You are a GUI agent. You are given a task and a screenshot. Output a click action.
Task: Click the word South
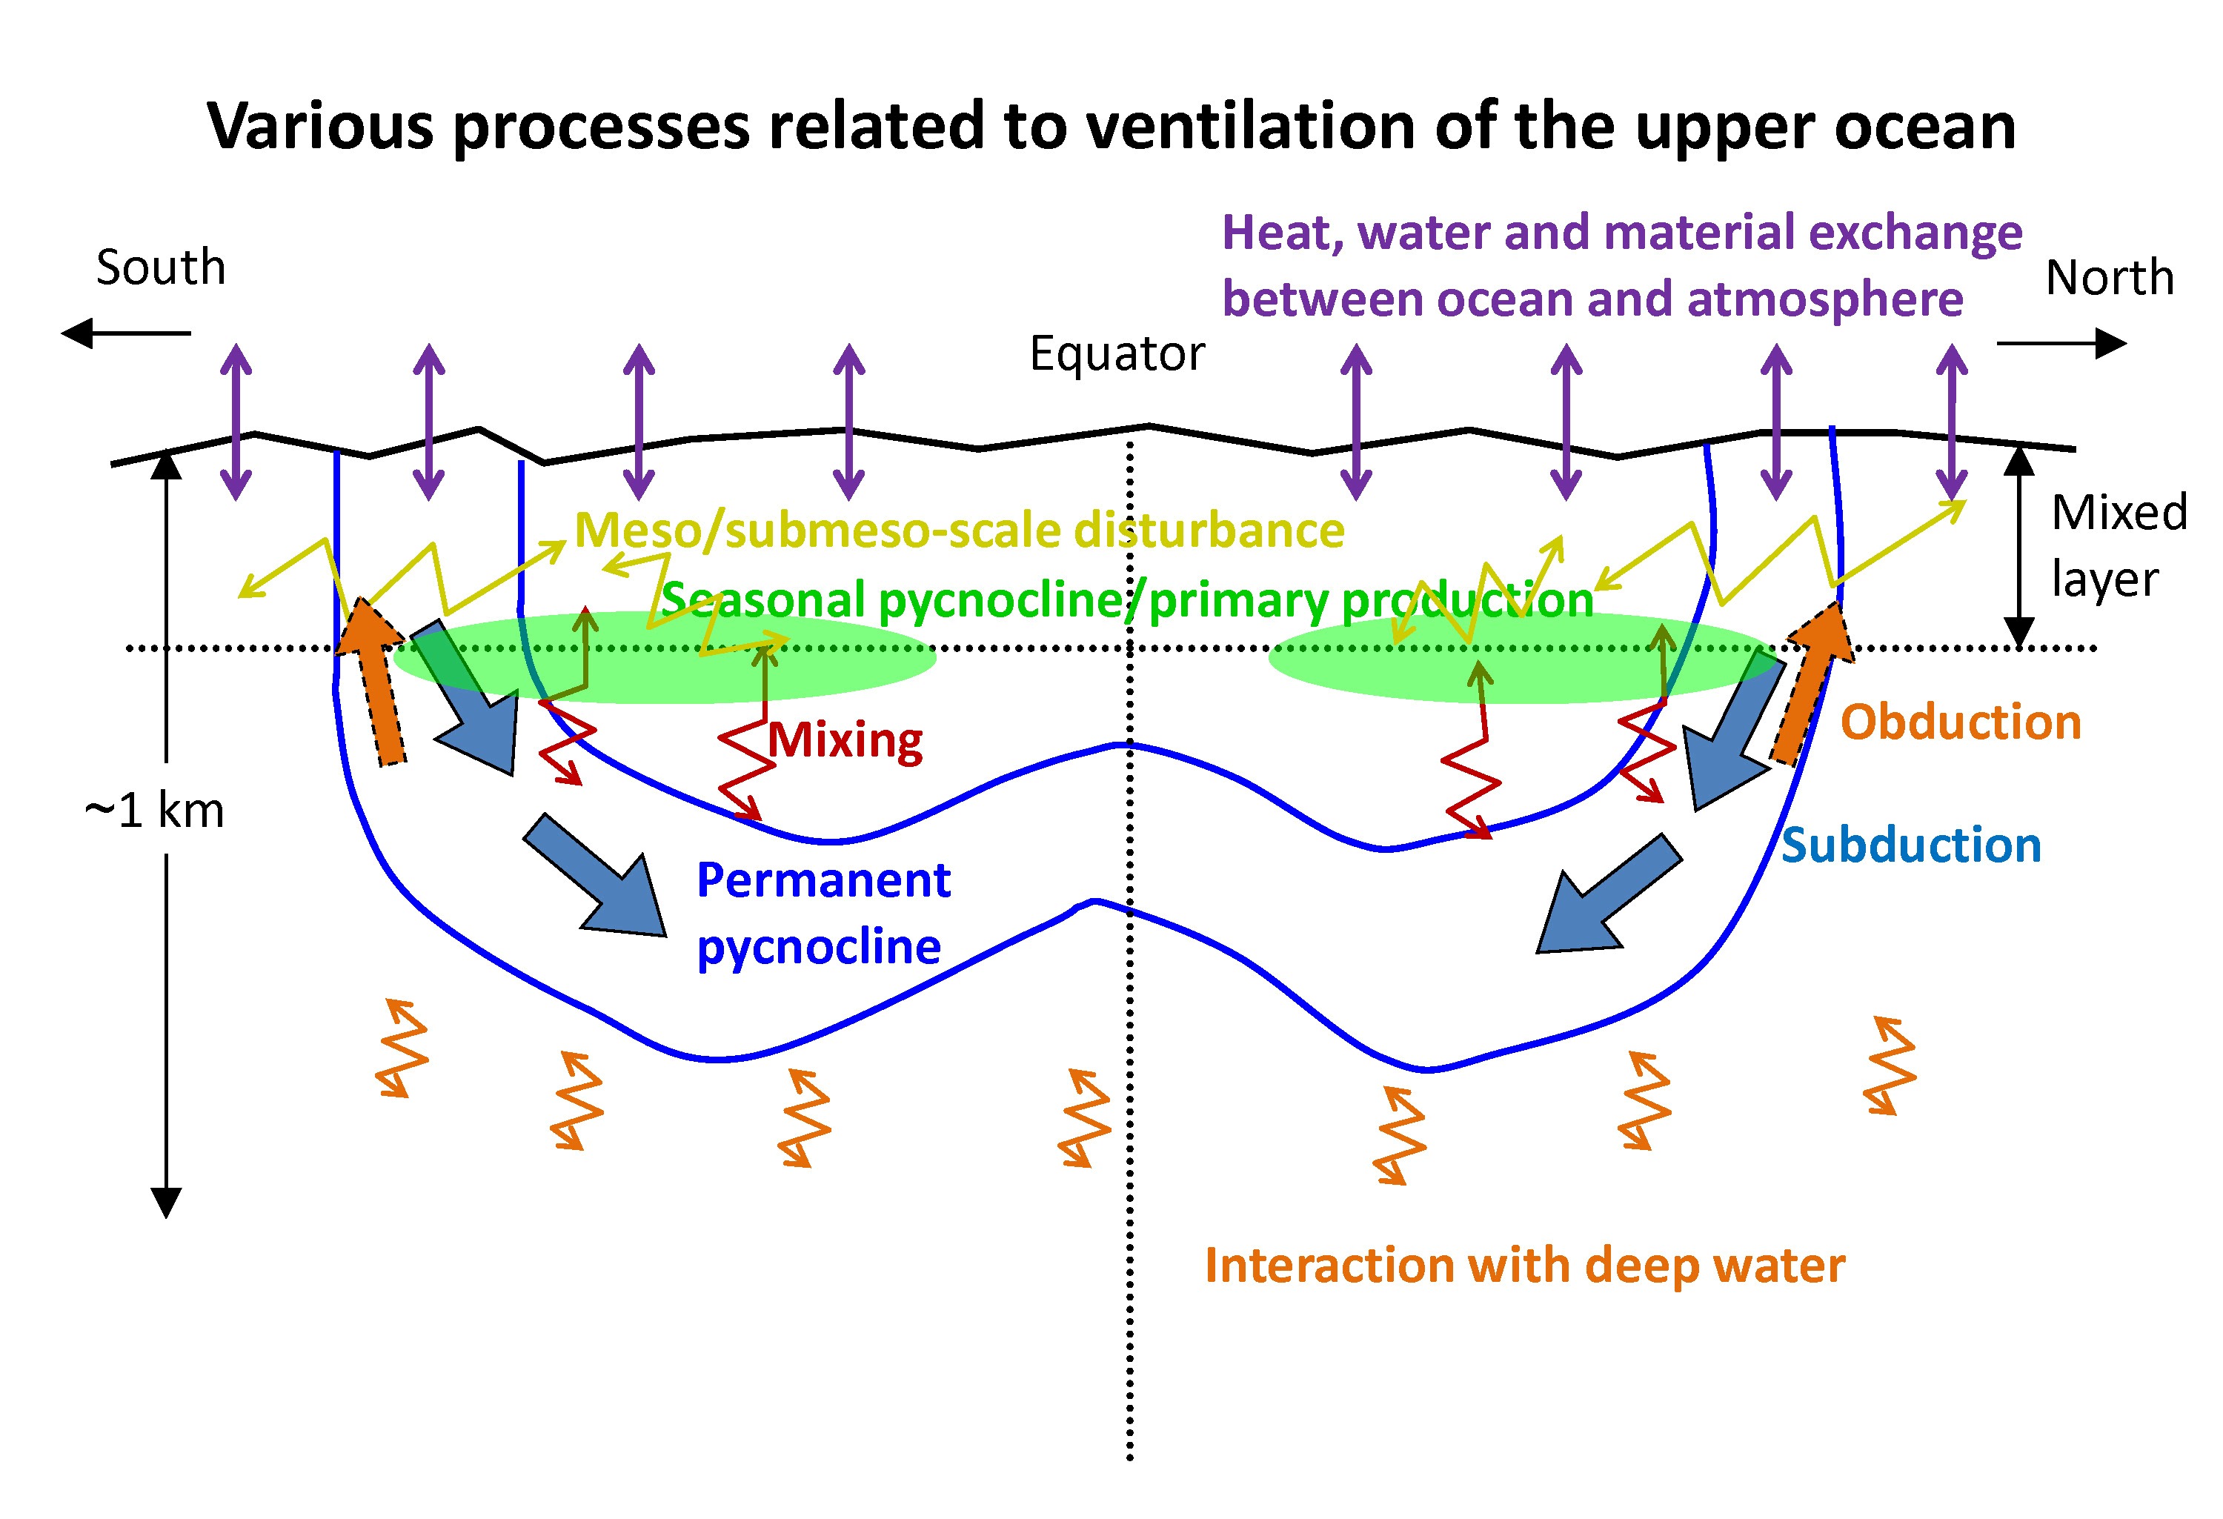coord(161,267)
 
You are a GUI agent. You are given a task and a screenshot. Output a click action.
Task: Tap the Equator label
coord(1116,354)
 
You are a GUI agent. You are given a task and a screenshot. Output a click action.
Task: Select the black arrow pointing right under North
coord(2061,342)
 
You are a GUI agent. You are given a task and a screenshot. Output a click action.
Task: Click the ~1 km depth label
coord(154,811)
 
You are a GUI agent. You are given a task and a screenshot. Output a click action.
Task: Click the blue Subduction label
coord(1911,845)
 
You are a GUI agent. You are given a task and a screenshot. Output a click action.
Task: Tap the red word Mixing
coord(845,740)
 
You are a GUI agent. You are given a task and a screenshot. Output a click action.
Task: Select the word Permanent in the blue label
coord(823,880)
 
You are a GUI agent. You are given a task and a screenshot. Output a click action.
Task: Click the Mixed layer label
coord(2119,545)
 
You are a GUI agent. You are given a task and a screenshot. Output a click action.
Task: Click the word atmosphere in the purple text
coord(1825,299)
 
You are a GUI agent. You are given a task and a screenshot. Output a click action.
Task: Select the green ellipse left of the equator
coord(664,657)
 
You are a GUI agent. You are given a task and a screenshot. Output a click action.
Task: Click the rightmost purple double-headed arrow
coord(1951,422)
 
